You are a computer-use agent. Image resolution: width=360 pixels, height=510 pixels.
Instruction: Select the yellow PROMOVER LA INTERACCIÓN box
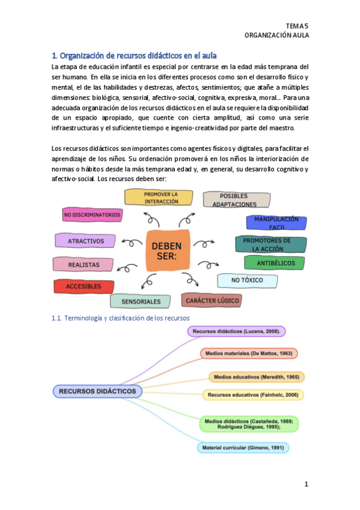point(159,198)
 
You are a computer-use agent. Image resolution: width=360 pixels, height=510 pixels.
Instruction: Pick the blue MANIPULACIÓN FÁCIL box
point(276,223)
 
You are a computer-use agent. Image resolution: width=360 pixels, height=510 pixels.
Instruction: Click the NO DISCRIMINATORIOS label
point(92,214)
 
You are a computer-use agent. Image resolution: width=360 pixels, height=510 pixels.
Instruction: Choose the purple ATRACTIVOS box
point(85,241)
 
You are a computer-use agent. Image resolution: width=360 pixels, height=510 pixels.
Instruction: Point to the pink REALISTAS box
point(83,263)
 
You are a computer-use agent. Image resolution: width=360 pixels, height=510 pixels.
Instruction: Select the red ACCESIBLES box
point(84,286)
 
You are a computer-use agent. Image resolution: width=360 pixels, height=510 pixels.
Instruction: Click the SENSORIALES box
point(141,301)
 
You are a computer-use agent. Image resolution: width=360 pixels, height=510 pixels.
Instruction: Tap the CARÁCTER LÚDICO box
point(212,300)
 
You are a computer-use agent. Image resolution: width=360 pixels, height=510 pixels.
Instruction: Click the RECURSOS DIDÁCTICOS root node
point(97,391)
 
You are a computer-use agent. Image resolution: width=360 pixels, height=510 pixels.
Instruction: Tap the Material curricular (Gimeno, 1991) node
point(243,447)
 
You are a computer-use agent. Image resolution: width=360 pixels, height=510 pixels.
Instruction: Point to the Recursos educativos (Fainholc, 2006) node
point(252,395)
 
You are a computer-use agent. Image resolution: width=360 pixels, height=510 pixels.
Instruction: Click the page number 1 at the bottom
point(305,484)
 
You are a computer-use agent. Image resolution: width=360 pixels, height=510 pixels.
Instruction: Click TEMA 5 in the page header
point(297,25)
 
